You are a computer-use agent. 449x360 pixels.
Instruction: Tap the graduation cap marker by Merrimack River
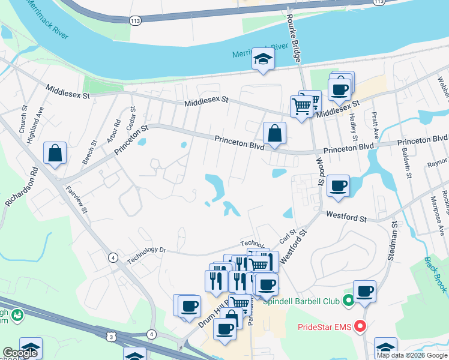click(263, 59)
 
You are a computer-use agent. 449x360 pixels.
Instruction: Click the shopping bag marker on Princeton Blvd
click(274, 133)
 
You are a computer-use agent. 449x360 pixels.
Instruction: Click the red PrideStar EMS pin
click(360, 326)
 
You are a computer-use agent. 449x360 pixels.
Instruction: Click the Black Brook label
click(435, 275)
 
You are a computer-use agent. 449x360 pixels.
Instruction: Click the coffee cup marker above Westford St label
click(339, 185)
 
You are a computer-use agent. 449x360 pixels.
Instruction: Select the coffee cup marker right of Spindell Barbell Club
click(364, 291)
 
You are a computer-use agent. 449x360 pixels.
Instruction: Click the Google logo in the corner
click(20, 353)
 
